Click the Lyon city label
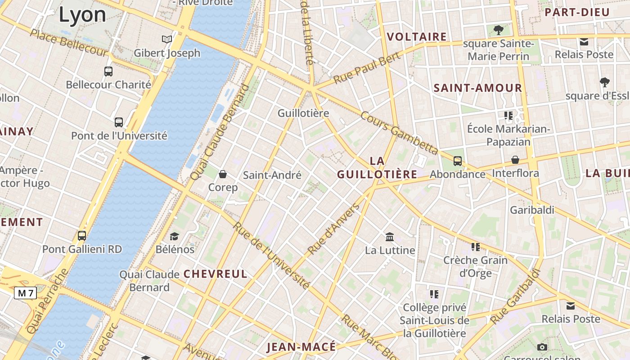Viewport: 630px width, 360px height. pyautogui.click(x=82, y=14)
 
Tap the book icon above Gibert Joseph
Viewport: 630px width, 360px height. pyautogui.click(x=167, y=39)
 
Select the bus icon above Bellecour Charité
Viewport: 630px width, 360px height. pyautogui.click(x=108, y=71)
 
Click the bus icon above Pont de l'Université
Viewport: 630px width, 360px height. pyautogui.click(x=119, y=122)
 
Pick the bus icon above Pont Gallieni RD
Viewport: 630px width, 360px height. pyautogui.click(x=82, y=235)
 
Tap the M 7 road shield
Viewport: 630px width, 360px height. pyautogui.click(x=25, y=293)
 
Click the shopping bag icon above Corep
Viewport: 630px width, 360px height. pyautogui.click(x=223, y=174)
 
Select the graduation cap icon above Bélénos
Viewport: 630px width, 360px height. pyautogui.click(x=174, y=236)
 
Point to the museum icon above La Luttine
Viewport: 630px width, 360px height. pyautogui.click(x=390, y=237)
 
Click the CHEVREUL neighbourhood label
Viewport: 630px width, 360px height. pyautogui.click(x=216, y=274)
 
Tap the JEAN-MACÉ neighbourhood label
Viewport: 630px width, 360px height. pyautogui.click(x=301, y=347)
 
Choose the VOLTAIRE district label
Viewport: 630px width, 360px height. pyautogui.click(x=417, y=37)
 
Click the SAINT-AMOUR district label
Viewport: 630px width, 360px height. pyautogui.click(x=477, y=88)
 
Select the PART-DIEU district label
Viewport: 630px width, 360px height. pyautogui.click(x=577, y=12)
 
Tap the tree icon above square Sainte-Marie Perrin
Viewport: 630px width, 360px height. pyautogui.click(x=498, y=30)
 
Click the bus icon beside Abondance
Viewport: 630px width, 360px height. pyautogui.click(x=458, y=161)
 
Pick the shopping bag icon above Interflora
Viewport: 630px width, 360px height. pyautogui.click(x=515, y=160)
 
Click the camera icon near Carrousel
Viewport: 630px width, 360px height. pyautogui.click(x=542, y=347)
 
